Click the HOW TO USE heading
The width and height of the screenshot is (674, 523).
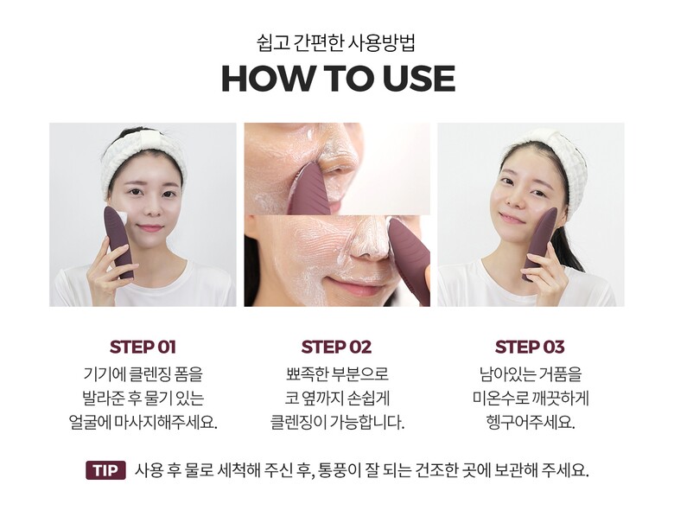[338, 79]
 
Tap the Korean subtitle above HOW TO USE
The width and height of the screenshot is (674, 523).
[336, 43]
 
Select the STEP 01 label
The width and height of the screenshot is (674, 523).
[143, 348]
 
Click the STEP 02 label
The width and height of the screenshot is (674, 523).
[336, 348]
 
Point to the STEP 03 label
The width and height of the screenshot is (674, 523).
[530, 348]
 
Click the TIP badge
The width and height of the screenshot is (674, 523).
[105, 470]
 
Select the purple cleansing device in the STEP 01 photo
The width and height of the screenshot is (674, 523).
[118, 242]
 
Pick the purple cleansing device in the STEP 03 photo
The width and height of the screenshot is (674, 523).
[540, 243]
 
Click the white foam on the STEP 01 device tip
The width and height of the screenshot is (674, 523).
[124, 218]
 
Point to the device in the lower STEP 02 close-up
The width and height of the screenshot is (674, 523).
[409, 258]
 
